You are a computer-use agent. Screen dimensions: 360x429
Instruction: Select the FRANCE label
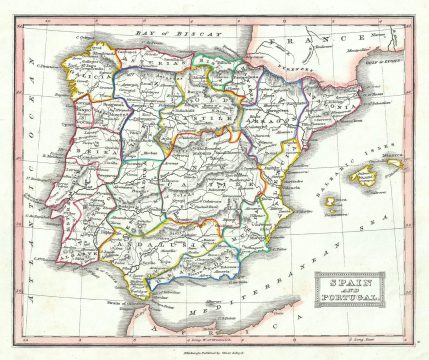330,43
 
